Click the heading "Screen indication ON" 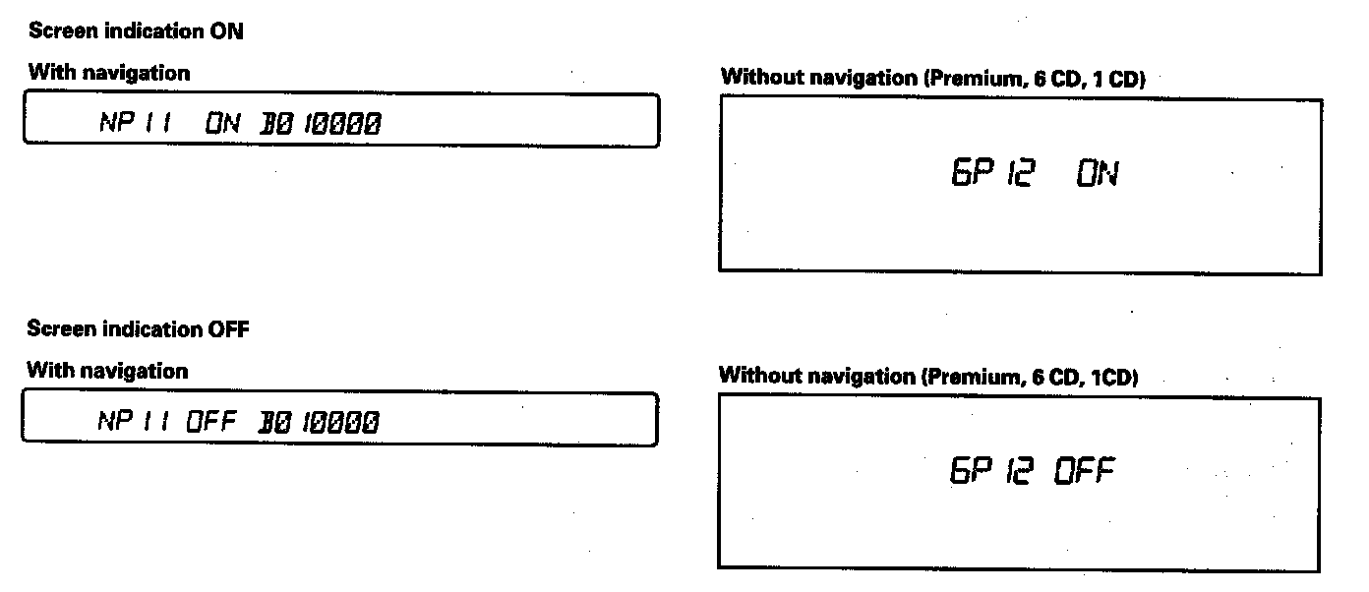136,31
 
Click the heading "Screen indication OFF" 138,329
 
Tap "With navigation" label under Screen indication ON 109,73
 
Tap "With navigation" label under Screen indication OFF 107,371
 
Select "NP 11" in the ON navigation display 136,123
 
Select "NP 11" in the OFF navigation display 135,422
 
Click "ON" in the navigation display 222,123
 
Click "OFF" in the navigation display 212,422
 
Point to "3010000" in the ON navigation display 321,124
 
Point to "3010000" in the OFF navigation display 319,423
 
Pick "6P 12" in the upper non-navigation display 991,176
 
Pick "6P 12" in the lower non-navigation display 991,472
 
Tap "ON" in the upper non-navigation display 1097,176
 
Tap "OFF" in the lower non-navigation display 1085,472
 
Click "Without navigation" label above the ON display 819,78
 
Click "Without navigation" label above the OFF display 818,376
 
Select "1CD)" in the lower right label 1114,378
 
